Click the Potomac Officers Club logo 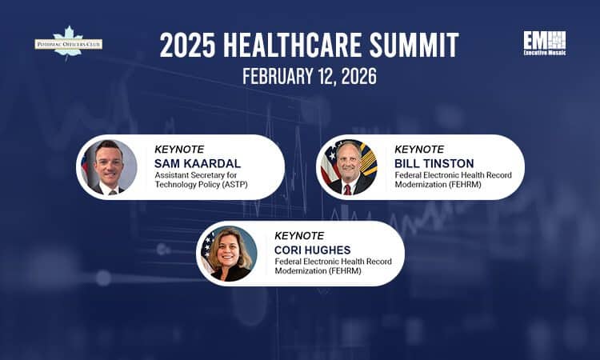68,43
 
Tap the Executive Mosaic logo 545,44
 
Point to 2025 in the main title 188,46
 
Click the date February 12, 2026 299,77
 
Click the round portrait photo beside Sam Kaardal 108,167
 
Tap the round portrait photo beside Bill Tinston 349,167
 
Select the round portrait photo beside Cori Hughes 229,254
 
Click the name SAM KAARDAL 198,164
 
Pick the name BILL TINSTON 434,164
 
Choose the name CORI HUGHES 314,250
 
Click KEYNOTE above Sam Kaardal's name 179,150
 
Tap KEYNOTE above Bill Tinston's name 419,150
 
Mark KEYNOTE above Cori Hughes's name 299,236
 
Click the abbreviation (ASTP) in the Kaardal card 230,186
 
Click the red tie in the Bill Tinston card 347,190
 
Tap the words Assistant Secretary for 196,176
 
